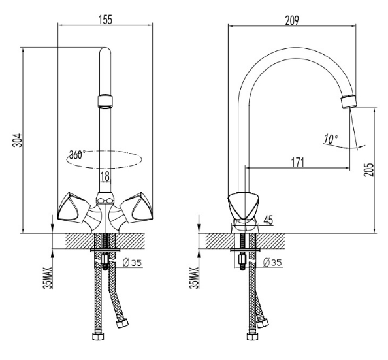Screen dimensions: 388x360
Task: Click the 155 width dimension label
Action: tap(105, 20)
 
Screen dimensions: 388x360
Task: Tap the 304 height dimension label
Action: tap(18, 140)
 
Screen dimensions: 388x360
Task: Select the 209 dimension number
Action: tap(292, 20)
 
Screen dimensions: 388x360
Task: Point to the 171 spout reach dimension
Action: tap(297, 163)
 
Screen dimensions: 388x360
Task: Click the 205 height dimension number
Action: tap(368, 170)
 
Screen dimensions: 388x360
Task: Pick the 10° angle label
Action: tap(331, 139)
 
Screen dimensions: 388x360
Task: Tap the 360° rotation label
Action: tap(77, 154)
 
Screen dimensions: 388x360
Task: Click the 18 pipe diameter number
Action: tap(105, 176)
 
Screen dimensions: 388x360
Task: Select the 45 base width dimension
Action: tap(268, 220)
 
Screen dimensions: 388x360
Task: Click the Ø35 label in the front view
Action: tap(133, 262)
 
